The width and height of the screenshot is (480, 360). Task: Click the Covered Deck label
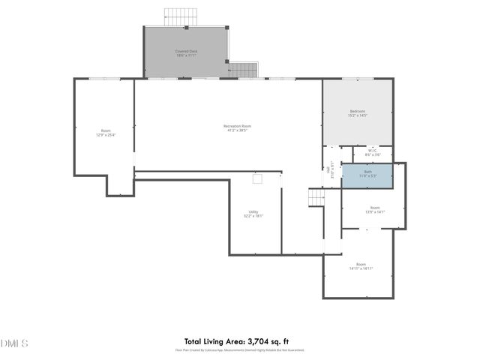tap(186, 51)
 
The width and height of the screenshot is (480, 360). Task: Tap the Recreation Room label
tap(237, 125)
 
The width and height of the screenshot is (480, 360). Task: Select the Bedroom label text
tap(357, 111)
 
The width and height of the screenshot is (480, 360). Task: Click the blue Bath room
tap(367, 175)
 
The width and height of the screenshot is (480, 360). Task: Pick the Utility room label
tap(253, 211)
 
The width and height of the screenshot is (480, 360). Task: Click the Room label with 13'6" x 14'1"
tap(374, 210)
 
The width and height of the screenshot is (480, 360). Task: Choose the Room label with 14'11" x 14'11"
tap(361, 265)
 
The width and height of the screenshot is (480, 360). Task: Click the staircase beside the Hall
tap(316, 198)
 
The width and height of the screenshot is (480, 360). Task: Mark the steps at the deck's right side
tap(243, 70)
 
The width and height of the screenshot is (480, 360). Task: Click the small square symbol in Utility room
tap(258, 178)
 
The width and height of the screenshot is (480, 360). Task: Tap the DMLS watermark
tap(14, 343)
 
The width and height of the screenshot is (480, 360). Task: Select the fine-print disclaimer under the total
tap(240, 349)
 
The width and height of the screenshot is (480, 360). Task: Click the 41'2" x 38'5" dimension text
tap(237, 130)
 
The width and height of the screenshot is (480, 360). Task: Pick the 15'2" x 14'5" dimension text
tap(357, 115)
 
